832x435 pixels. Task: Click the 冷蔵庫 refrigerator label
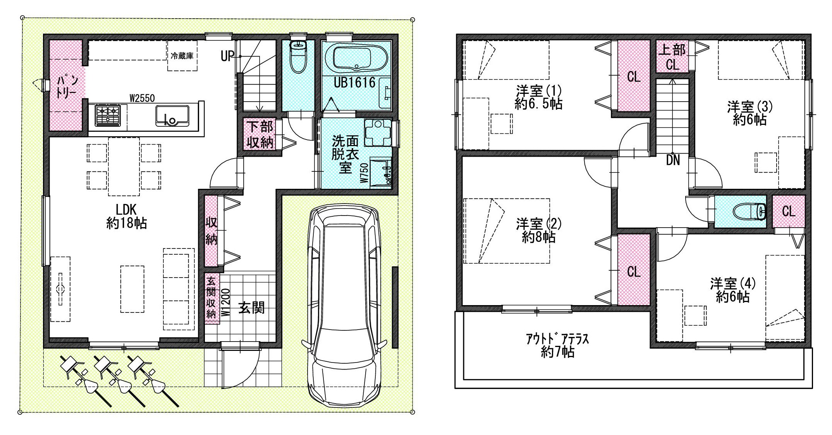pos(182,56)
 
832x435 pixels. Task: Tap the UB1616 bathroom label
pos(355,82)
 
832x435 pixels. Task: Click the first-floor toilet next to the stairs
pos(298,57)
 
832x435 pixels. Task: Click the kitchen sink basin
pos(172,115)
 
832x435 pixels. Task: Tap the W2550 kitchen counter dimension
pos(142,98)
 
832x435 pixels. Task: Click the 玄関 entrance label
pos(251,308)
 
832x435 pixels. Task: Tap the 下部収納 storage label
pos(260,135)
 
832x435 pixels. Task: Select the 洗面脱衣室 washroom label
pos(345,154)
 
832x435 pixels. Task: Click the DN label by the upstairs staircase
pos(673,160)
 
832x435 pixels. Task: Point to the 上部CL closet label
pos(672,57)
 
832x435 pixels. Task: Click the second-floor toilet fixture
pos(750,212)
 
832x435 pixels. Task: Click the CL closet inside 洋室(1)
pos(634,77)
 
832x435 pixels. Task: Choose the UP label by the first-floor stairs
pos(228,56)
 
